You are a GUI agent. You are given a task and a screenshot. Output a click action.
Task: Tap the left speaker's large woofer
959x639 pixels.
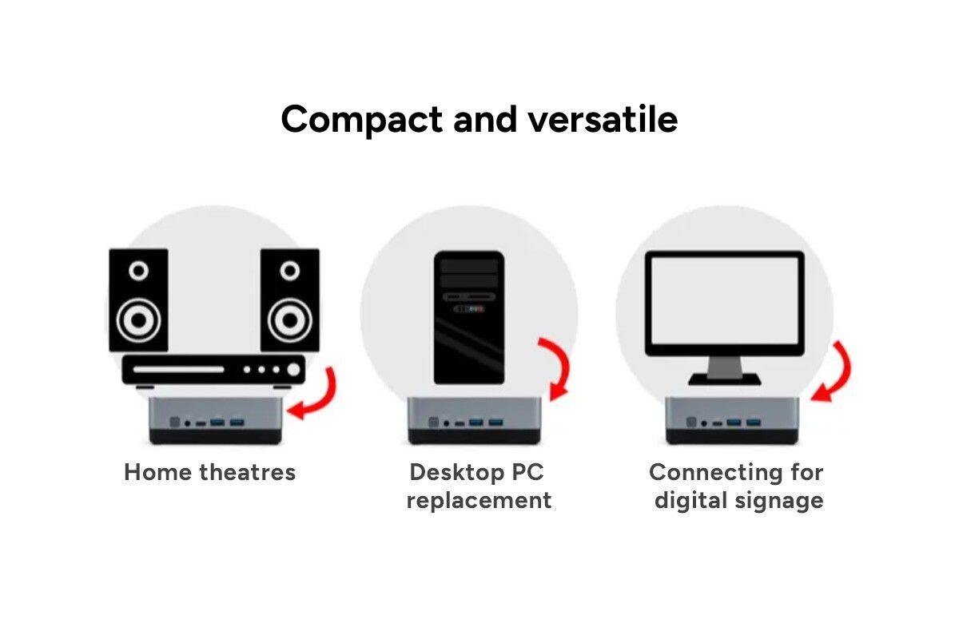point(138,321)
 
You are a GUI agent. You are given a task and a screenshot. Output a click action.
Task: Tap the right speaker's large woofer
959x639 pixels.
point(289,321)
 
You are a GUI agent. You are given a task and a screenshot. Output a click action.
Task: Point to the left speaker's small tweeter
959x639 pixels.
point(138,272)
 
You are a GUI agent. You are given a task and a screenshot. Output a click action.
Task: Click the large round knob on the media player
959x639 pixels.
point(295,370)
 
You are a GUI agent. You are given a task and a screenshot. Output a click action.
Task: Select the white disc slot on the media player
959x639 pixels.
point(177,370)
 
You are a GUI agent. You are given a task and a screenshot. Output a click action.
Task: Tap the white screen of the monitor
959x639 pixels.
point(725,303)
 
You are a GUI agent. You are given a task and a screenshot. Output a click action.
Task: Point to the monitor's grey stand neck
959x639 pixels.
point(725,367)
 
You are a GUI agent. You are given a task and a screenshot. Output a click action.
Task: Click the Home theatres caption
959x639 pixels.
point(209,472)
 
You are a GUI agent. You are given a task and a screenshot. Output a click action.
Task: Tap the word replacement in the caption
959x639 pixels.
point(479,501)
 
